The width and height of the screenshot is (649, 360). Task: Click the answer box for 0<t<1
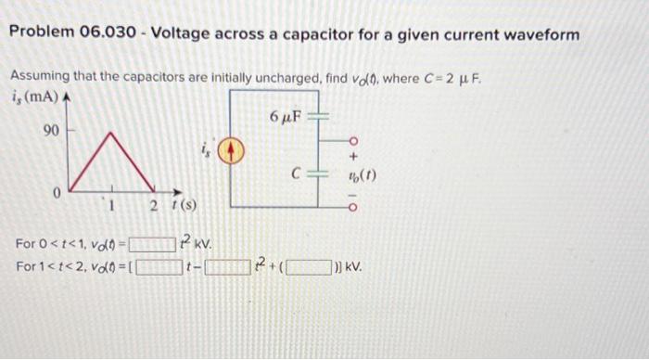(x=151, y=246)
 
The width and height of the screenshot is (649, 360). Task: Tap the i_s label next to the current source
(x=206, y=146)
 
